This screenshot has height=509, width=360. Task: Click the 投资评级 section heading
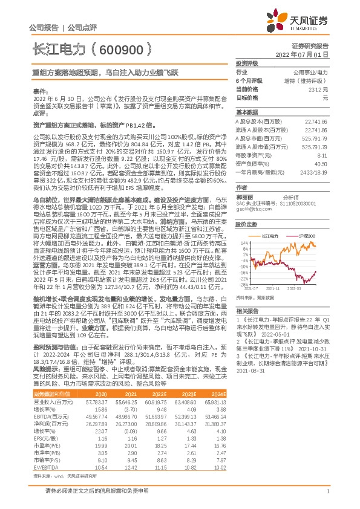[247, 63]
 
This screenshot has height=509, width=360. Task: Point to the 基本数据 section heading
[246, 113]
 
